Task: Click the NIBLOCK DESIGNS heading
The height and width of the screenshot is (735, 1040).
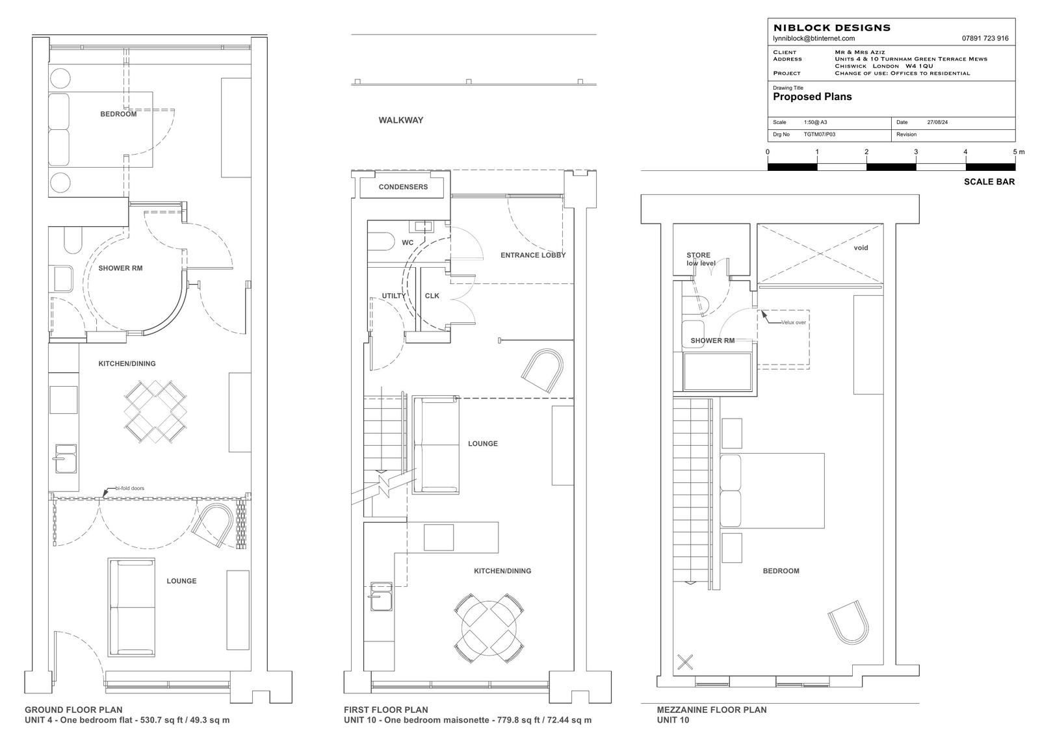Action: [x=831, y=28]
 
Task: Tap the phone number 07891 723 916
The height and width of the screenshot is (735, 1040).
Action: [x=985, y=38]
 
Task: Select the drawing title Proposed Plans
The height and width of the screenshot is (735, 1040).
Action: [x=812, y=97]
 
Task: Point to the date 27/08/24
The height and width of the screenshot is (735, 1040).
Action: [x=937, y=122]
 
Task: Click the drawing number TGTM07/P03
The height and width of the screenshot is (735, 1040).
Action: [x=819, y=135]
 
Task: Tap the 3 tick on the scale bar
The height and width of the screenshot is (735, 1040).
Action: [x=916, y=152]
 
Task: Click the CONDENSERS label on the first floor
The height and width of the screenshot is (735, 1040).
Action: [x=403, y=187]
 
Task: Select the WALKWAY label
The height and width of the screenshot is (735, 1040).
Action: [x=400, y=120]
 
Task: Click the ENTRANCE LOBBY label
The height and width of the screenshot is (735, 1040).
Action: [x=533, y=255]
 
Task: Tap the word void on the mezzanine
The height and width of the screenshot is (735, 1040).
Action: [x=861, y=248]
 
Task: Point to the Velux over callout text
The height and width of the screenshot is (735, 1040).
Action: [x=794, y=322]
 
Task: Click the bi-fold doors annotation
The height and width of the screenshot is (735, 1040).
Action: [x=129, y=488]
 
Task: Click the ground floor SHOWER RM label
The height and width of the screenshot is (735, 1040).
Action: [x=120, y=268]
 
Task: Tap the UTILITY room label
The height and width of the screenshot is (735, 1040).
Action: [x=393, y=296]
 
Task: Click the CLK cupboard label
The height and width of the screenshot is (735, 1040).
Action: [x=432, y=296]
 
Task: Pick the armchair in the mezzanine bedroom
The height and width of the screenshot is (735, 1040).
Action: [x=848, y=622]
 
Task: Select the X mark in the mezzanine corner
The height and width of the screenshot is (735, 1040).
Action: [x=684, y=662]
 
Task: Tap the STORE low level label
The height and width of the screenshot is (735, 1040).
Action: [x=700, y=259]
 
